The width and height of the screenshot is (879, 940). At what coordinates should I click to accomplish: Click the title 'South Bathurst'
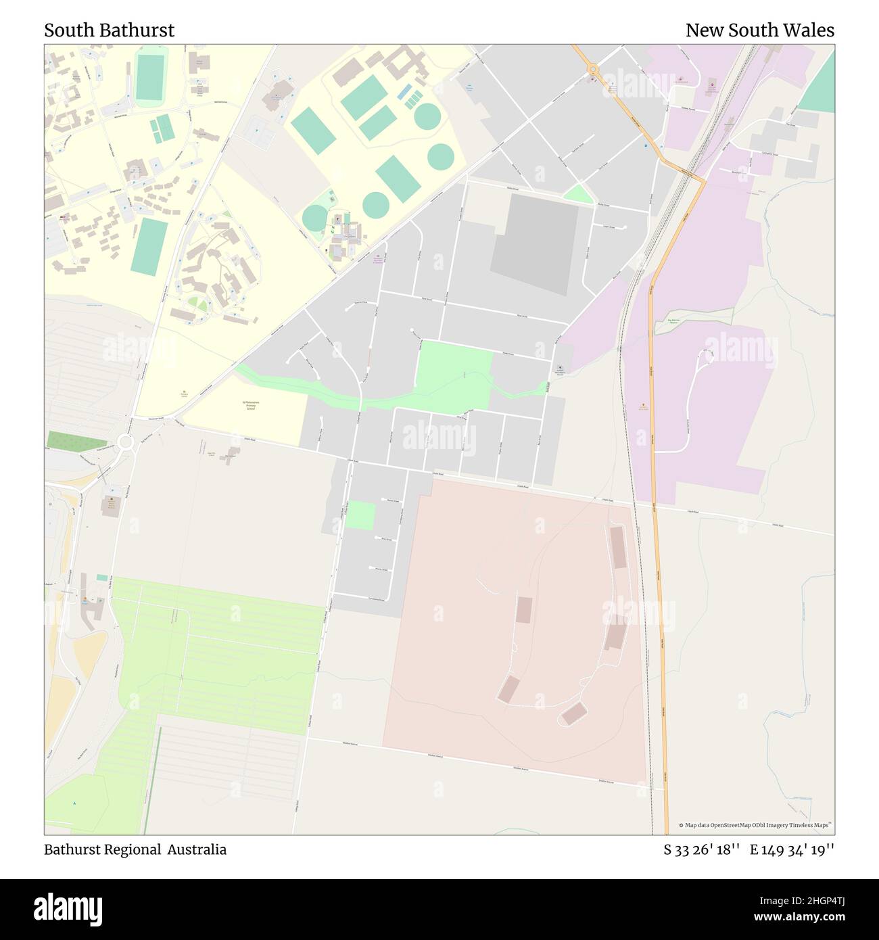click(109, 30)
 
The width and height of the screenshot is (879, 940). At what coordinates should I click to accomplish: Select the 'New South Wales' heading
click(759, 30)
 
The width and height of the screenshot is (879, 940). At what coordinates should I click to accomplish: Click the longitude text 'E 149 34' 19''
click(792, 849)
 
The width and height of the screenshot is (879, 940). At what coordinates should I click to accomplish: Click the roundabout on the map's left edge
click(124, 443)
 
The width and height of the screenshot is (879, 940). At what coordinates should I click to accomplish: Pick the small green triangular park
click(577, 194)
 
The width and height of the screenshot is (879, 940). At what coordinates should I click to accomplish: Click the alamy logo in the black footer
click(68, 908)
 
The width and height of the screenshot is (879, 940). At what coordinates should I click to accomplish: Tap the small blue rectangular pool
click(102, 578)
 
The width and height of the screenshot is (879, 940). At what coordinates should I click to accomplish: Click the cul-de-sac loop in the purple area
click(707, 354)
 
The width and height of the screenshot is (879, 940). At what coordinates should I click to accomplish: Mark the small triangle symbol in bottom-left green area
click(74, 803)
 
